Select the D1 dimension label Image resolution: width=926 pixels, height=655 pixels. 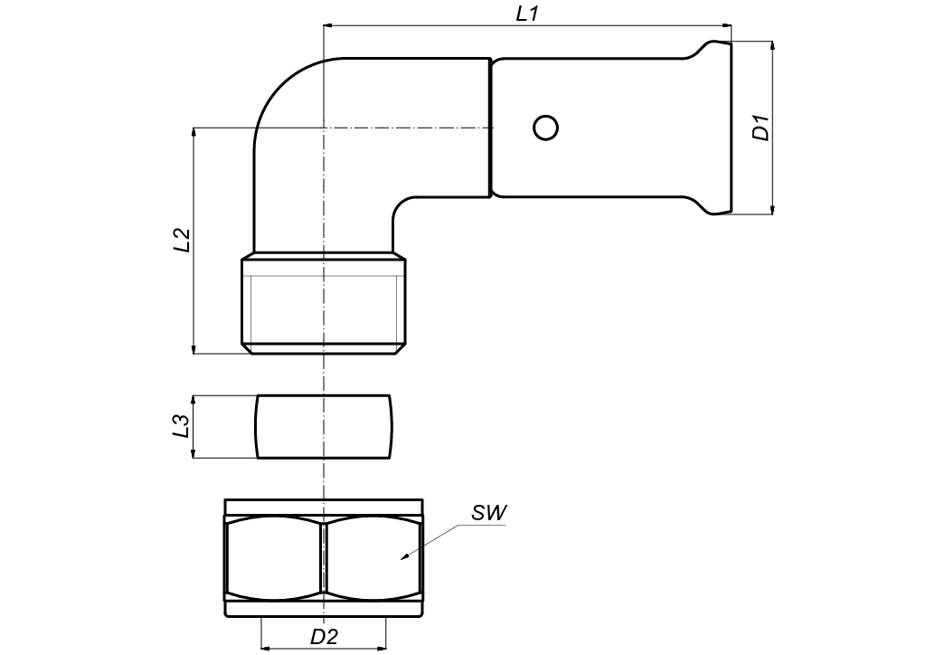point(761,128)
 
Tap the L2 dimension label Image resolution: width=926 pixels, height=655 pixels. point(182,240)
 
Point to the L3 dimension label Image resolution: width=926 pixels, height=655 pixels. point(181,426)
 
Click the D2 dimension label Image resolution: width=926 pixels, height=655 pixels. point(324,636)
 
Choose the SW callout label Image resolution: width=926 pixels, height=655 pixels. point(489,513)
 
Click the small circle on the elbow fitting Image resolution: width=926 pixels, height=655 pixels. point(545,128)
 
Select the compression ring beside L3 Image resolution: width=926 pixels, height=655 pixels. point(324,426)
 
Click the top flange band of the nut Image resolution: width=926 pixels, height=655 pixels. point(324,507)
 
